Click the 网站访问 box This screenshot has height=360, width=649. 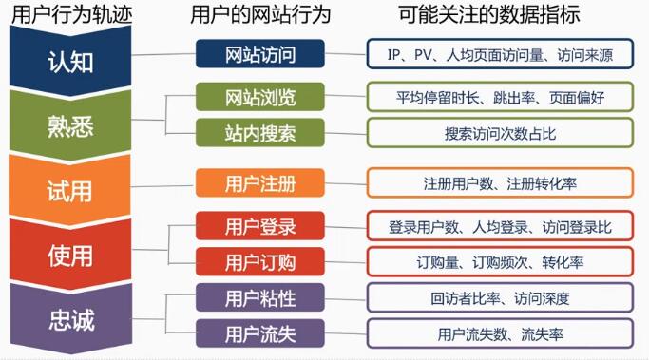[260, 54]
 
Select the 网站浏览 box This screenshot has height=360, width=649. [260, 97]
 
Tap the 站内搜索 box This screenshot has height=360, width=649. [260, 132]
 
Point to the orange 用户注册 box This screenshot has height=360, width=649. [260, 182]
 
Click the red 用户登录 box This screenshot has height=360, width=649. [260, 226]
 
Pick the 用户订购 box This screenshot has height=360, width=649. [260, 260]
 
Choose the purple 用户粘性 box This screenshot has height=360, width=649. [260, 298]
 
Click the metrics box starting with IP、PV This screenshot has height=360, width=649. [500, 54]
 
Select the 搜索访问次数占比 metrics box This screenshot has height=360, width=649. [500, 132]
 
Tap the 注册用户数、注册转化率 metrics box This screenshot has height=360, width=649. [500, 182]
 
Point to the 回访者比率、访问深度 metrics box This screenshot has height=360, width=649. [500, 298]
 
